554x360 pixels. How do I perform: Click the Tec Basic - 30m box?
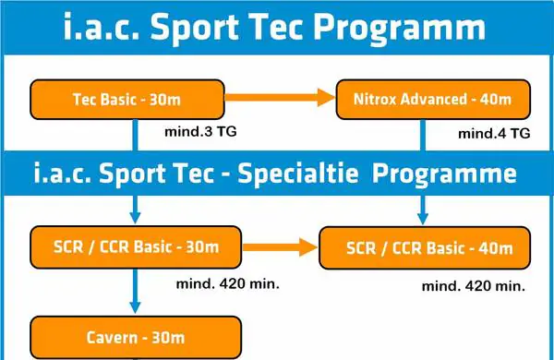(x=127, y=99)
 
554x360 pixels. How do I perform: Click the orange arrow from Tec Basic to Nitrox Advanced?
(x=278, y=96)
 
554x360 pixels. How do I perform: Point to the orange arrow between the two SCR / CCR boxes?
(x=281, y=246)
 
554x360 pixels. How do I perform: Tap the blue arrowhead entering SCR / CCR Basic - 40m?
(x=423, y=219)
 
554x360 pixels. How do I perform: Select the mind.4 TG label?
(x=493, y=134)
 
